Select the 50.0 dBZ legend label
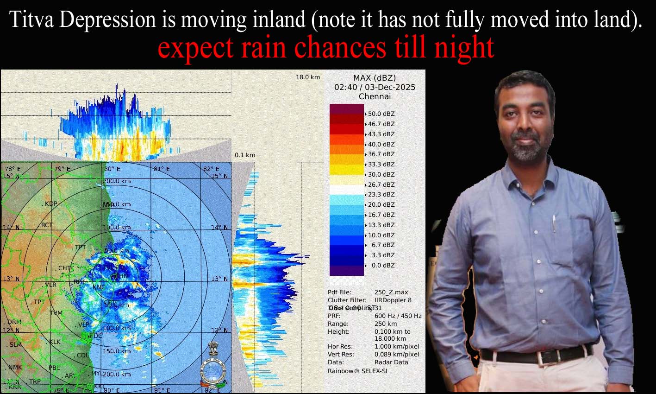coord(381,114)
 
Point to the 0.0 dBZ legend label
coord(383,265)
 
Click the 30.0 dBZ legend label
coord(381,174)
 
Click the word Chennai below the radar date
coord(375,96)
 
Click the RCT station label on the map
coord(47,225)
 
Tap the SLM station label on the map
coord(16,344)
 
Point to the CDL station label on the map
coord(82,355)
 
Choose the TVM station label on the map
coord(56,313)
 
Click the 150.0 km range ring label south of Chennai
coord(117,351)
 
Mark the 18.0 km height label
coord(308,77)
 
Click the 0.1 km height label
coord(244,155)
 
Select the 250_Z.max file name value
coord(391,292)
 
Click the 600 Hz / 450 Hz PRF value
coord(398,316)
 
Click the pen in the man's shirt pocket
coord(554,224)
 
